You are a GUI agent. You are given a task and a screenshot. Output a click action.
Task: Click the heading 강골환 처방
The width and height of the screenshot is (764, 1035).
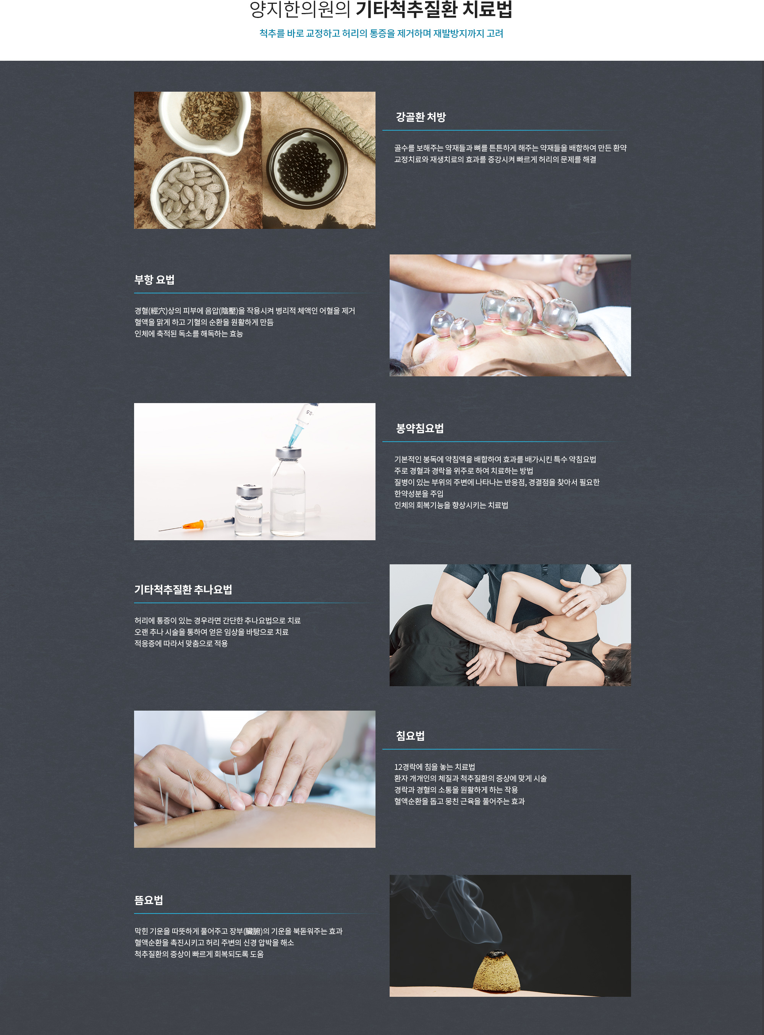tap(420, 117)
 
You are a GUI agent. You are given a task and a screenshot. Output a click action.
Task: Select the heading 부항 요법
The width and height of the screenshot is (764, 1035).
tap(154, 280)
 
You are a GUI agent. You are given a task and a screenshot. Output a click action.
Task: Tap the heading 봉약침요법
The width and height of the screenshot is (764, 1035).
tap(419, 428)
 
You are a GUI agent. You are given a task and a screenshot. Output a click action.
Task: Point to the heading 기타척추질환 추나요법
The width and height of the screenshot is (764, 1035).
tap(183, 590)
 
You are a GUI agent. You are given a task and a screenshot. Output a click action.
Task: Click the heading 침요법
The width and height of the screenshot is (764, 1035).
tap(410, 736)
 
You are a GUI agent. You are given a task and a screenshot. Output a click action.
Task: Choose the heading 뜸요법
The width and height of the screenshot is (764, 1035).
tap(149, 900)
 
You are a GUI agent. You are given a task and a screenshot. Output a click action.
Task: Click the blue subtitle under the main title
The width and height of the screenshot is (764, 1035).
tap(381, 33)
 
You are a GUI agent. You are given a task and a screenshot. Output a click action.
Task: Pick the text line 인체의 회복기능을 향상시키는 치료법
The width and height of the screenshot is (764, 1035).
tap(451, 505)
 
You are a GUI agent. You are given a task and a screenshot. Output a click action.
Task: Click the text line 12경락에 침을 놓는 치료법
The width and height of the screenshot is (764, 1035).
tap(434, 767)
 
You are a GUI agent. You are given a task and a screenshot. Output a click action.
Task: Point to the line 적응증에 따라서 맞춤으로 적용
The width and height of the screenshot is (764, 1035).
tap(181, 643)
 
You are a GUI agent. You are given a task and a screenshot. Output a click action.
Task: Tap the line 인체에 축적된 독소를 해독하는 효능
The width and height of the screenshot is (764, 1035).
tap(189, 334)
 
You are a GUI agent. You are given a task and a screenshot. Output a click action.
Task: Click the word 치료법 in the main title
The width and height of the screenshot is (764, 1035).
tap(487, 9)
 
